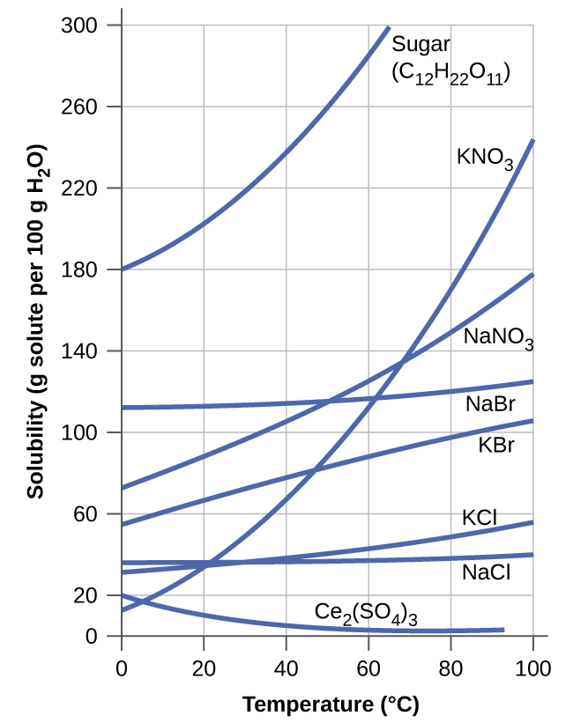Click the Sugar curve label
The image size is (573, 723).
421,44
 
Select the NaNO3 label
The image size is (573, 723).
499,337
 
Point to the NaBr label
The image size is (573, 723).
490,404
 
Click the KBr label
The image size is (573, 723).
495,445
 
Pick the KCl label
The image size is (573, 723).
480,517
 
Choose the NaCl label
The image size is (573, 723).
486,572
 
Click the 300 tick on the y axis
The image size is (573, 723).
78,26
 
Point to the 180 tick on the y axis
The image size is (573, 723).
78,269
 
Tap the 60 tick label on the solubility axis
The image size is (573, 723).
84,514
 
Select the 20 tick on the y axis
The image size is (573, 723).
84,595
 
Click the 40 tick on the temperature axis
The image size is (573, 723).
286,667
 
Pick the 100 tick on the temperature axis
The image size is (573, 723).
532,667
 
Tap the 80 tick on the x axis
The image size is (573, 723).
450,667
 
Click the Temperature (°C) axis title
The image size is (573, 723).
331,704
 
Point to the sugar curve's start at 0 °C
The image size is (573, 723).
123,269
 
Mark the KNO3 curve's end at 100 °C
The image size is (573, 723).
532,141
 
